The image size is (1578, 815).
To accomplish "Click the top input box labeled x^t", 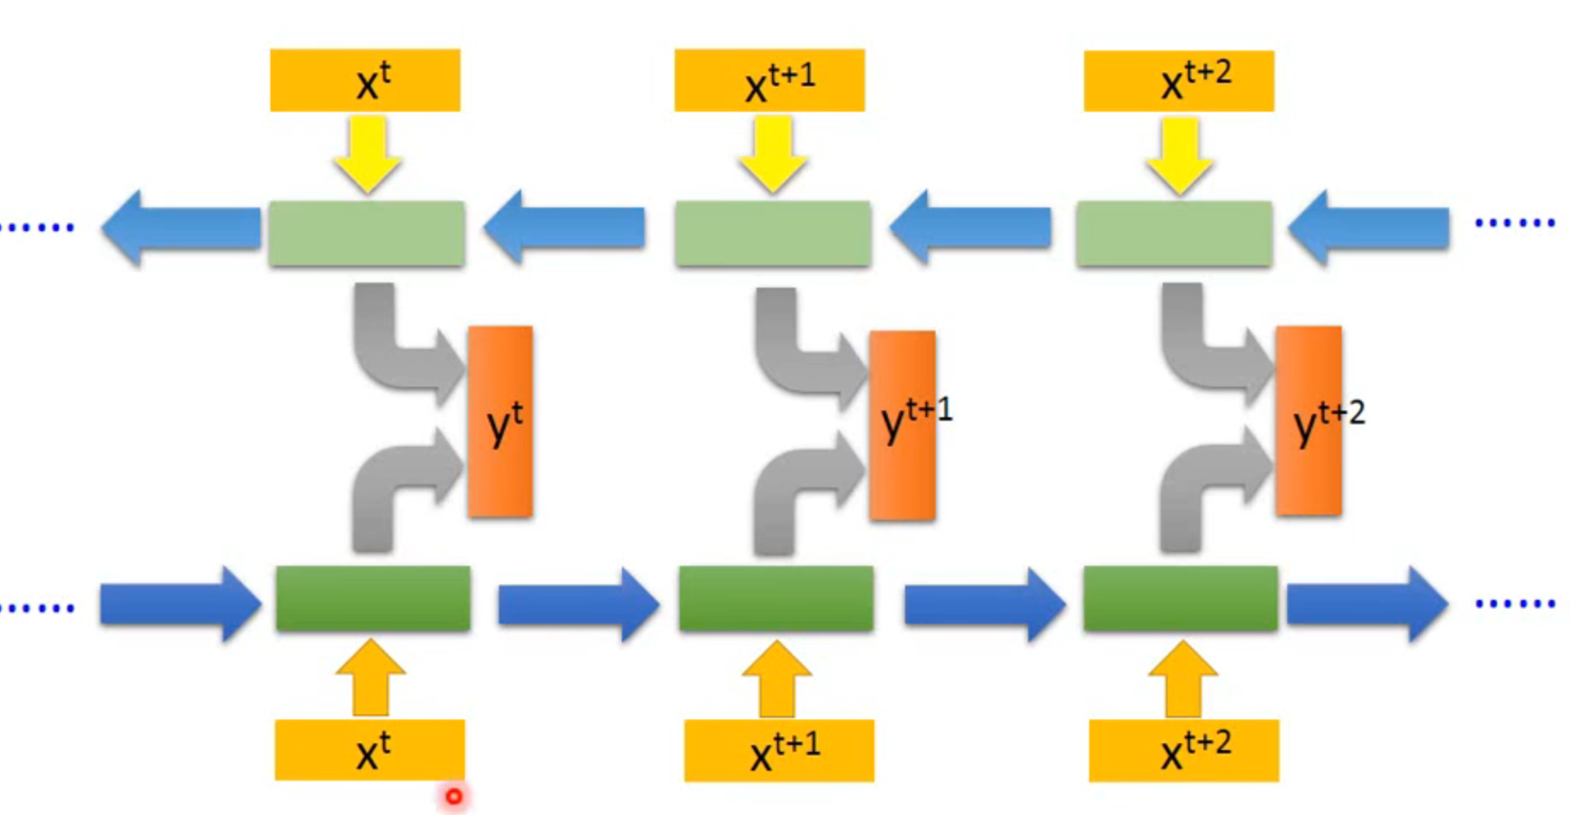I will [x=365, y=80].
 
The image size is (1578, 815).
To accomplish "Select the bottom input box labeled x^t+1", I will [x=779, y=750].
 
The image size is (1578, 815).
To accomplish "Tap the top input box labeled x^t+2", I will [x=1179, y=81].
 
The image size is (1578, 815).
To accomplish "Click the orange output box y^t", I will [x=500, y=422].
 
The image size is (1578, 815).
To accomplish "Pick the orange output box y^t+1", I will [x=902, y=425].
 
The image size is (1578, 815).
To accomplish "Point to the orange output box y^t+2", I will [x=1308, y=421].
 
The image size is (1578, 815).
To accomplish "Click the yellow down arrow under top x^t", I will [x=368, y=154].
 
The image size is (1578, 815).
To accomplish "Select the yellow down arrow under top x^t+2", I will [x=1180, y=154].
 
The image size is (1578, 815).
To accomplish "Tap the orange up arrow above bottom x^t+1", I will [x=777, y=678].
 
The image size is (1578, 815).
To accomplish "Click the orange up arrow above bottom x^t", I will [x=371, y=678].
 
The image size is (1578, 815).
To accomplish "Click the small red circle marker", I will [x=454, y=796].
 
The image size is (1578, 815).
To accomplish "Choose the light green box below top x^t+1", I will [x=773, y=234].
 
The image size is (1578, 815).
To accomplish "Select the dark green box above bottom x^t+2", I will [x=1181, y=598].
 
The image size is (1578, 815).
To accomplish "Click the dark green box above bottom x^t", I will [x=373, y=598].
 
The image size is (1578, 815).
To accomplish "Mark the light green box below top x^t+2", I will [x=1174, y=234].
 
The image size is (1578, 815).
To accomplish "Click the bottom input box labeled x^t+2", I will [x=1184, y=750].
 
